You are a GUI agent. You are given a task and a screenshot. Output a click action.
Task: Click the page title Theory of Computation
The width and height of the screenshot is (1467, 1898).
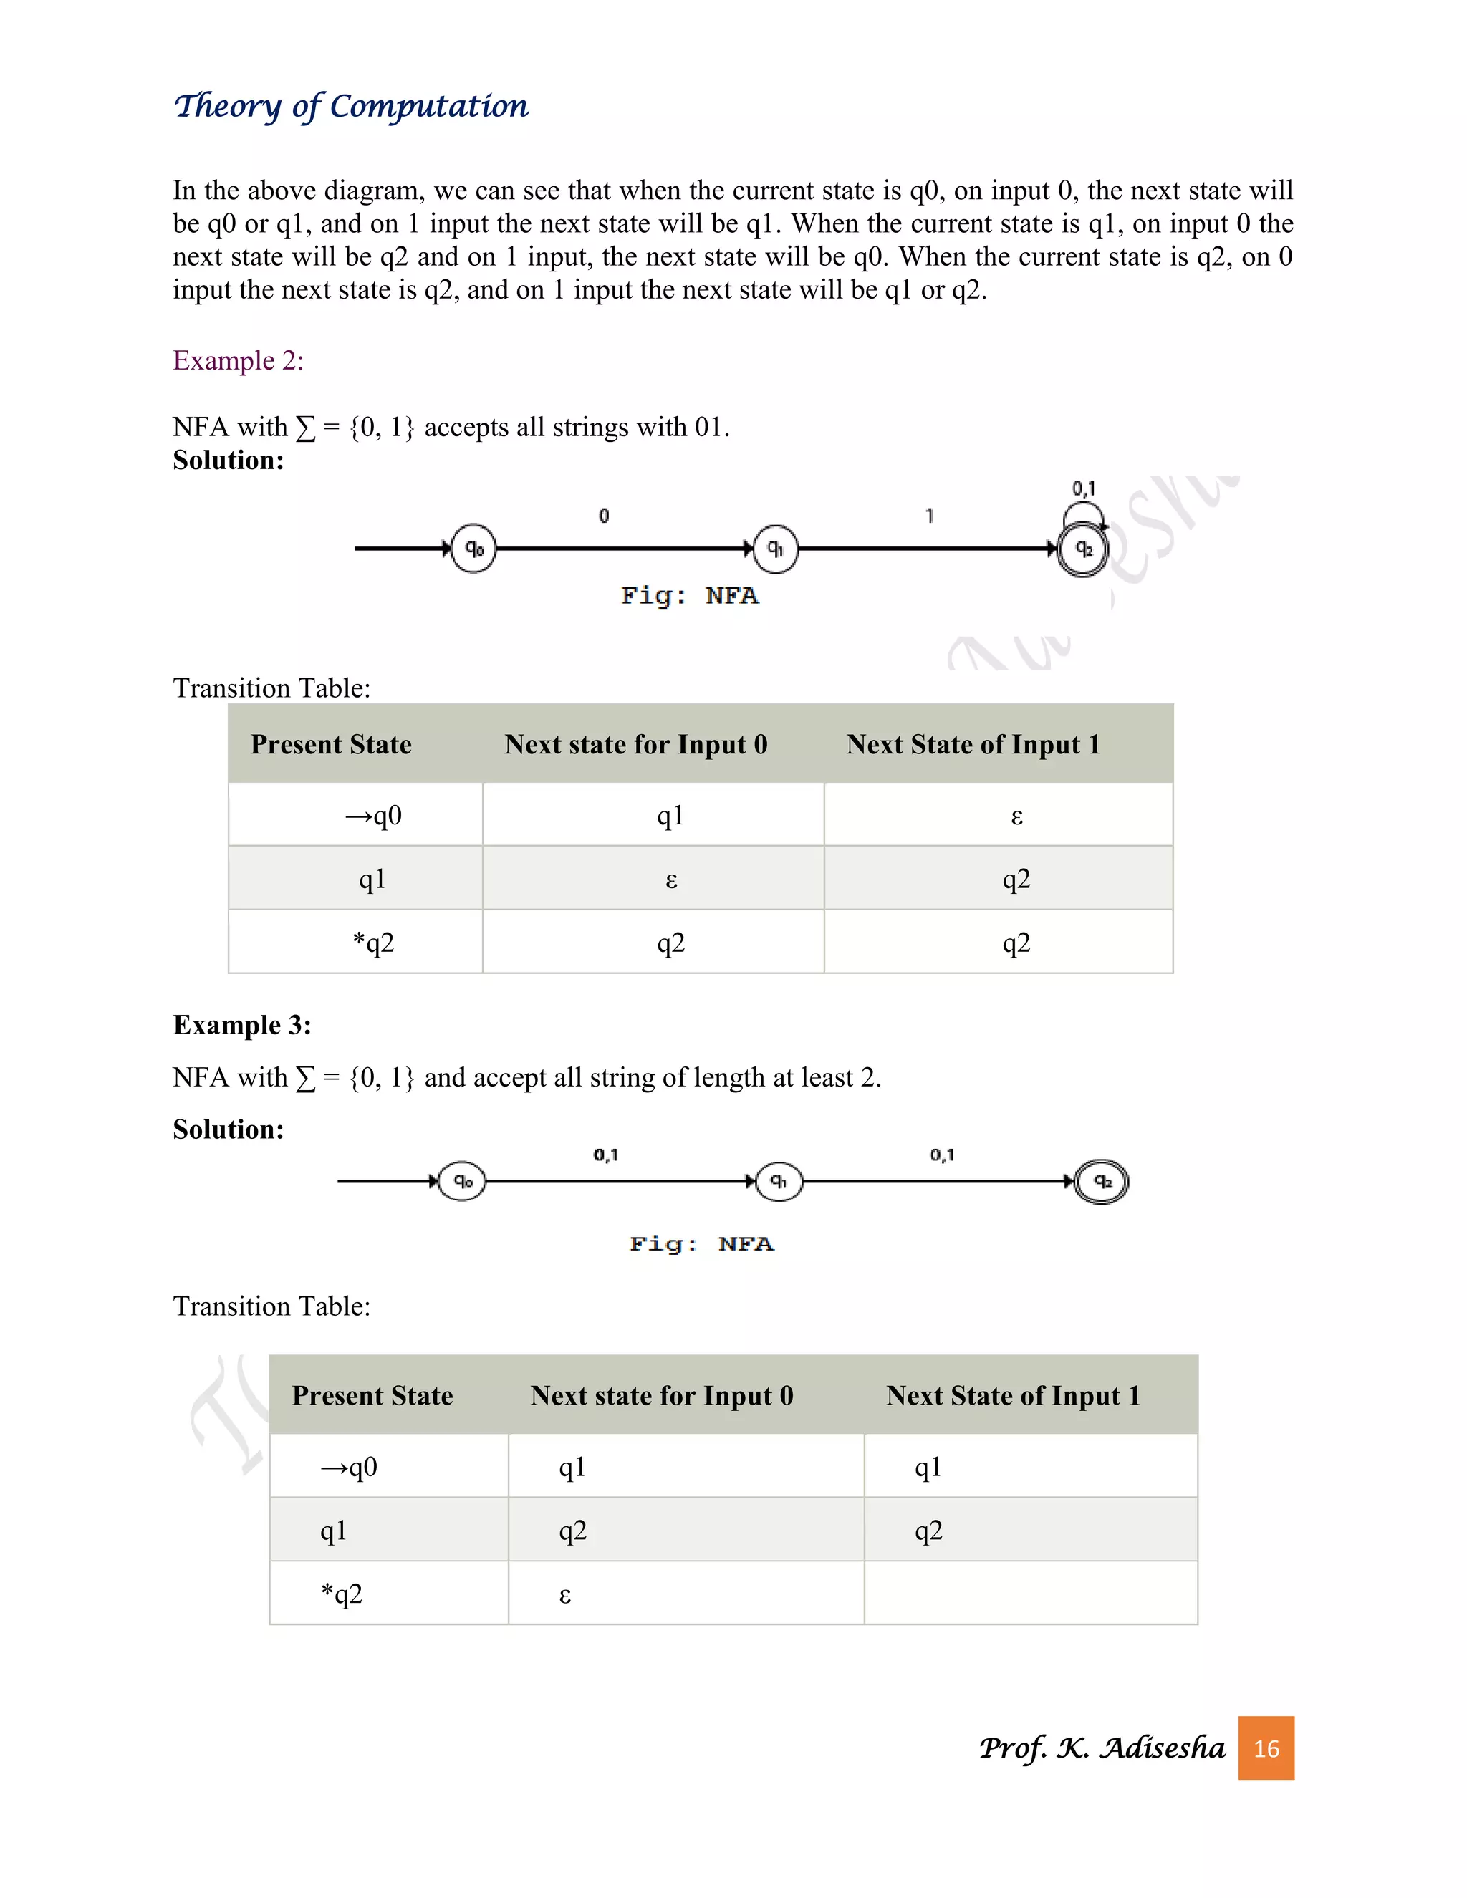pos(351,106)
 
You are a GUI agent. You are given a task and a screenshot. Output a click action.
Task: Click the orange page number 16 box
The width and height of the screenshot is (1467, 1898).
pos(1266,1748)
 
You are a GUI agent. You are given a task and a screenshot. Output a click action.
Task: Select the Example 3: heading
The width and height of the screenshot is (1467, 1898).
pos(241,1025)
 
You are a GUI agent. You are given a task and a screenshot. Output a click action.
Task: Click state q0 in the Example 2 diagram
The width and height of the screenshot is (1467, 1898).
pos(473,549)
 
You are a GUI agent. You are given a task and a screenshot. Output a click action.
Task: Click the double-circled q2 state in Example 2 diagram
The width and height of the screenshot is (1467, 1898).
pos(1083,549)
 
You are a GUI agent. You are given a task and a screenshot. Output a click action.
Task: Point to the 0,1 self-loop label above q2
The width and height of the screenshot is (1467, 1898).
pos(1083,488)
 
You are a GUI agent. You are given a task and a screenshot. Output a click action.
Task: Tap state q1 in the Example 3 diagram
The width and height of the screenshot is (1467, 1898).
pos(779,1181)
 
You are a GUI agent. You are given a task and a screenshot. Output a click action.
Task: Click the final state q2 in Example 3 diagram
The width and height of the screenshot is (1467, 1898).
pos(1101,1181)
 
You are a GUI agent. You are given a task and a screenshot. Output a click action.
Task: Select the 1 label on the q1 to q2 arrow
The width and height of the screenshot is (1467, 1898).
pos(929,516)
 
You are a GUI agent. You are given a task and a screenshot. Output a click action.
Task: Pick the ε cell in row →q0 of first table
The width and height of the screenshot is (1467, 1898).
pos(1016,816)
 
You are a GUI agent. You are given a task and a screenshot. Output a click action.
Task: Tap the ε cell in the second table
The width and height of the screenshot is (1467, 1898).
pos(565,1595)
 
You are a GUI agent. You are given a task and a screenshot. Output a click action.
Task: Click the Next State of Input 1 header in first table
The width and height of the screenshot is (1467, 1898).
pos(973,745)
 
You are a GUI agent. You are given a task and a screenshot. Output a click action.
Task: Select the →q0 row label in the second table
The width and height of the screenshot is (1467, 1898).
pos(350,1468)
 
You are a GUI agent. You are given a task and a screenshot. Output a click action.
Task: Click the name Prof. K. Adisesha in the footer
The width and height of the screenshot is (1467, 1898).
pos(1101,1748)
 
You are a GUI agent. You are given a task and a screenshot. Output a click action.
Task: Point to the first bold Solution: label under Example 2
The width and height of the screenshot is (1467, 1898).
pos(228,460)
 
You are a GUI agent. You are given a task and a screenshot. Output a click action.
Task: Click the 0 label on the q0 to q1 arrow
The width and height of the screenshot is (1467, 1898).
pos(604,516)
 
